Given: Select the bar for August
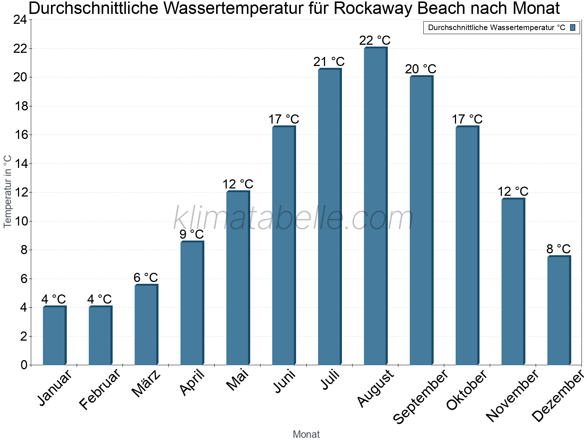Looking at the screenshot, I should pos(375,206).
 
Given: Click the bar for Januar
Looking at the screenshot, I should pos(54,335).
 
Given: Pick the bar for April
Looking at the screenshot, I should pos(192,303).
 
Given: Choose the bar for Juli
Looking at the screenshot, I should pos(329,217).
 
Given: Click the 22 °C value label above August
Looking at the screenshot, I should pos(375,40).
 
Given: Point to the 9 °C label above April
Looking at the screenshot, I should pos(192,234).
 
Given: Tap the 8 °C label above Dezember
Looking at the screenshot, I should pos(558,249).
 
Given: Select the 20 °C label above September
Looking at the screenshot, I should pos(420,69).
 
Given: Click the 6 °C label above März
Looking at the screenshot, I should pos(146,278).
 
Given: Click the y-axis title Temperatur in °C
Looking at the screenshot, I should pos(8,191).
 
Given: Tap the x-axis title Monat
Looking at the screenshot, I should pos(306,434).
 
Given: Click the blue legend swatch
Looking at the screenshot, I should pos(573,27).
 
